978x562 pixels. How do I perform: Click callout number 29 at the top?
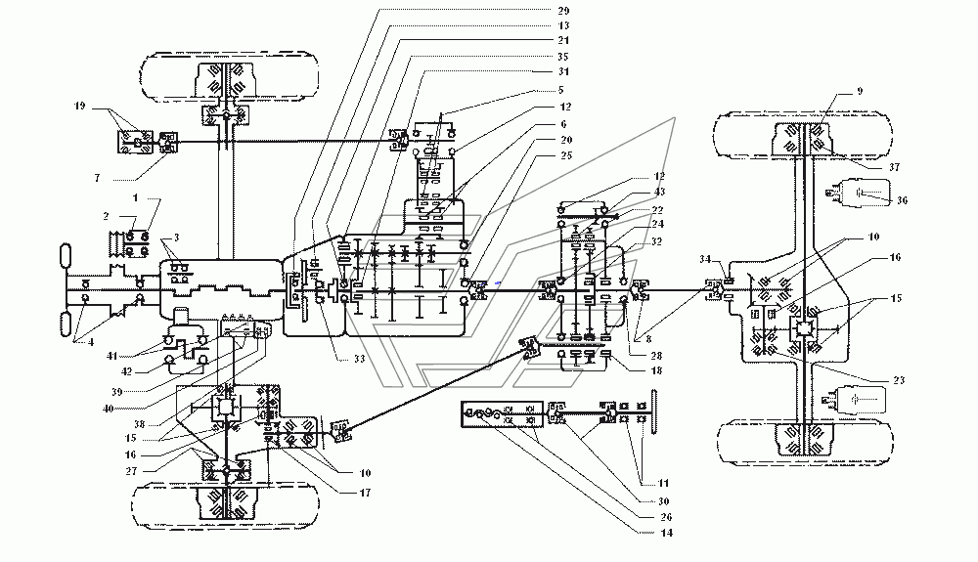coord(563,11)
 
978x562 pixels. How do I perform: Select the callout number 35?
coord(563,57)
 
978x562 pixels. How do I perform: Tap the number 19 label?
coord(79,106)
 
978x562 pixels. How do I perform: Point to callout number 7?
coord(97,178)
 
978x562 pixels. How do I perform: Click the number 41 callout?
coord(111,356)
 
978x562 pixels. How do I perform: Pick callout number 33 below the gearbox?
coord(359,359)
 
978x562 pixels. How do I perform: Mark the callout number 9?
coord(860,92)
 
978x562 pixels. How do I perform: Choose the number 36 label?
coord(902,200)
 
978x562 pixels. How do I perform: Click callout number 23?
coord(898,380)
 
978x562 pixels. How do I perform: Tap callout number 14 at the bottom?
coord(666,533)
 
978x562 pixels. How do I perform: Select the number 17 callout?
coord(365,493)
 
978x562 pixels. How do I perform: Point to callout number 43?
coord(659,192)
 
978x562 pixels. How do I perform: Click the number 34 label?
coord(704,259)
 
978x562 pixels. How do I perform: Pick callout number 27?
coord(131,471)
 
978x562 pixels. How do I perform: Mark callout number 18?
coord(655,370)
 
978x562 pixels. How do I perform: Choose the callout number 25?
coord(565,155)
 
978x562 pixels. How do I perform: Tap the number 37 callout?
coord(895,167)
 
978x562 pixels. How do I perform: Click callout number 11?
coord(662,483)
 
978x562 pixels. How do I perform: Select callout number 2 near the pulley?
coord(106,216)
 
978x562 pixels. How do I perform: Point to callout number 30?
coord(663,501)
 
